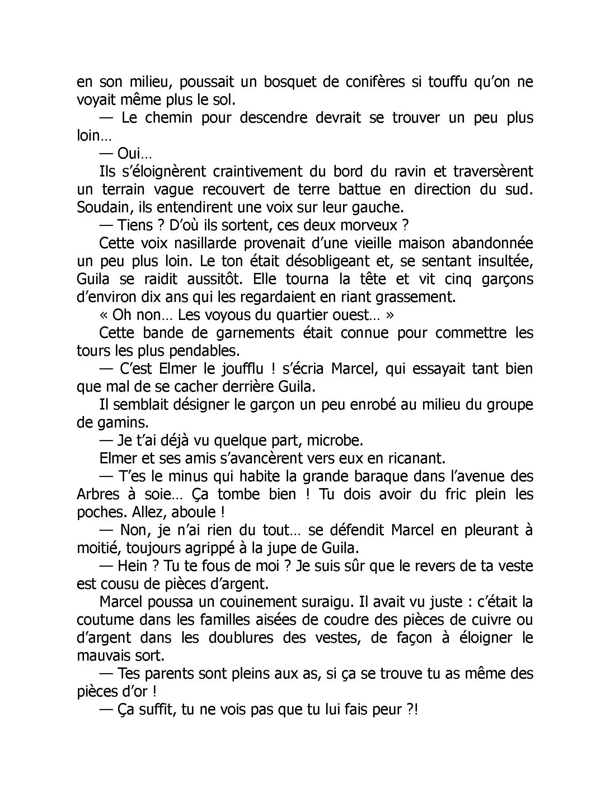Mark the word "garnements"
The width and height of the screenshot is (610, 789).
(255, 333)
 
